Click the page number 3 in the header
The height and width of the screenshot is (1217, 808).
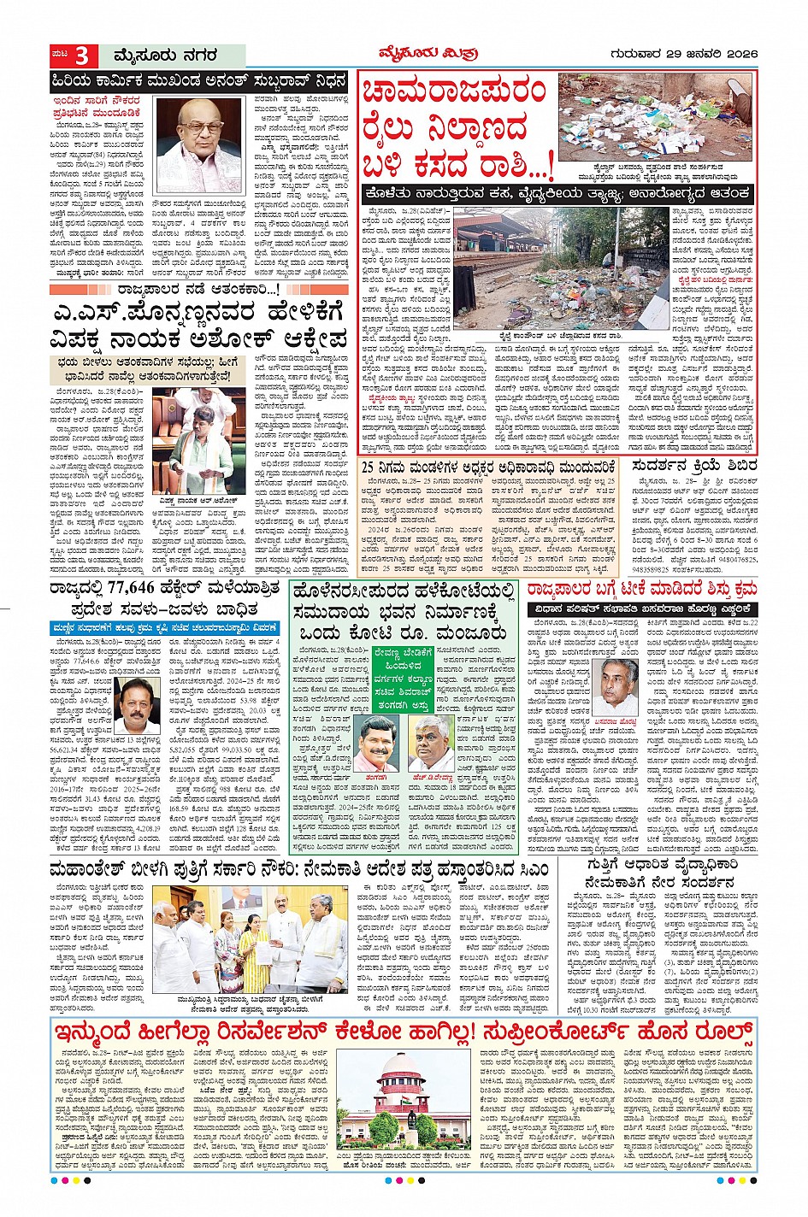click(82, 56)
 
